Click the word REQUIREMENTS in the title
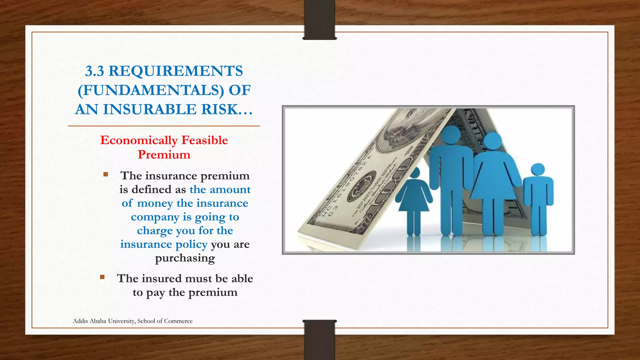pos(176,71)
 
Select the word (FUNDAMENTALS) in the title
pos(151,90)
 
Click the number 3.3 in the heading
pos(94,71)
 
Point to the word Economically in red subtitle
pos(139,140)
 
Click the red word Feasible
pos(205,140)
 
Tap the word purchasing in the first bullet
pos(185,258)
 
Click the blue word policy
pos(192,244)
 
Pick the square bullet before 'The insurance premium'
pos(106,174)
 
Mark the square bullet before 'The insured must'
pos(102,277)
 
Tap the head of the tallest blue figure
pos(450,135)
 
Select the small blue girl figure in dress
pos(414,200)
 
